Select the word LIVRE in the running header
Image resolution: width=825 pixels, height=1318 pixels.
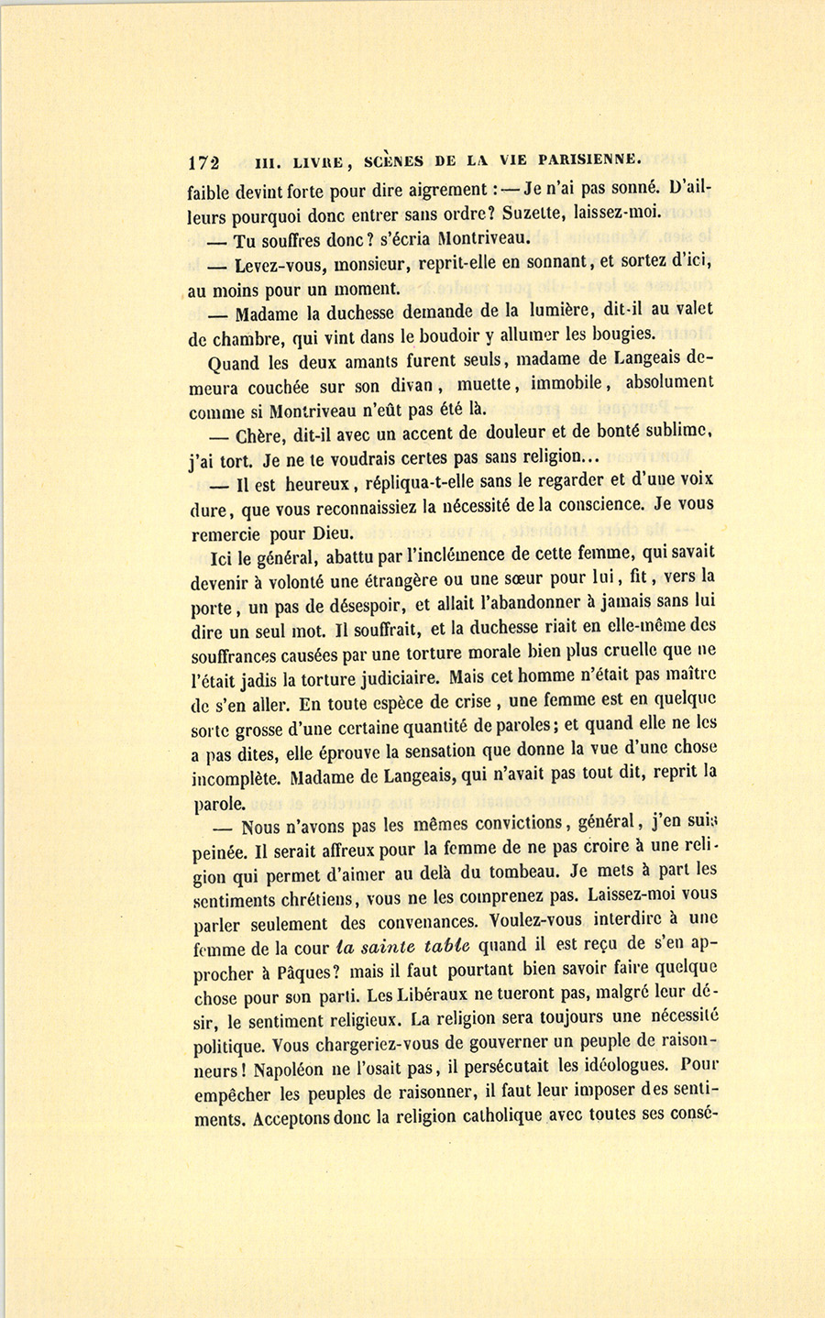[x=320, y=162]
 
